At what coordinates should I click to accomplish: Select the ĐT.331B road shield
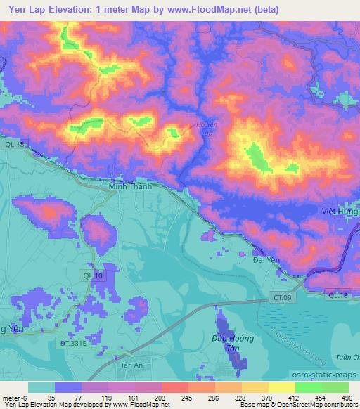coord(73,344)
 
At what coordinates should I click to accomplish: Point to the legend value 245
coord(186,398)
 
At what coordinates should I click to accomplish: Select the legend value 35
coord(53,398)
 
